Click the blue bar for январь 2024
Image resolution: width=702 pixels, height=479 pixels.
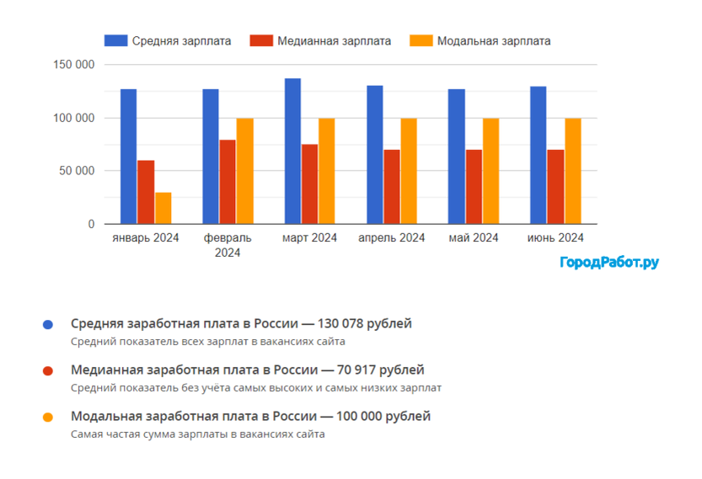coord(128,157)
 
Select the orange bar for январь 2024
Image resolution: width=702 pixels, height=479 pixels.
coord(163,209)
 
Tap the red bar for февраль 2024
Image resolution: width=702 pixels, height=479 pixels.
coord(228,182)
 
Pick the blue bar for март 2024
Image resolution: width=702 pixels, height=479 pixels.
coord(292,152)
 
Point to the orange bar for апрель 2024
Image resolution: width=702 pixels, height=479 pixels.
coord(409,171)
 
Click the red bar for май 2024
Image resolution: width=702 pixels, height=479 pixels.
coord(474,187)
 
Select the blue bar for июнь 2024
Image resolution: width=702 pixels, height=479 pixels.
coord(539,156)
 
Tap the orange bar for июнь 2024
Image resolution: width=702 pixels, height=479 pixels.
coord(573,171)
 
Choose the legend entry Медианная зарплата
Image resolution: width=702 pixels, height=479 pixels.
coord(334,40)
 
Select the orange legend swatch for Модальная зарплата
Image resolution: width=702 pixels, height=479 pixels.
coord(421,40)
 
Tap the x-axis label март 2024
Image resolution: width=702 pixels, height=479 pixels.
coord(309,238)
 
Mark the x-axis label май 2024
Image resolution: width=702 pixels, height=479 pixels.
coord(474,238)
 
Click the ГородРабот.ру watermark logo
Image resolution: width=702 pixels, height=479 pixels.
coord(609,263)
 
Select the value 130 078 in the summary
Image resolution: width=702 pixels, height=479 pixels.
coord(337,323)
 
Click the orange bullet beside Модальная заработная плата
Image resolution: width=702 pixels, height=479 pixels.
coord(48,418)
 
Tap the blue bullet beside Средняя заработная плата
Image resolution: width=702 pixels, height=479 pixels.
coord(48,324)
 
